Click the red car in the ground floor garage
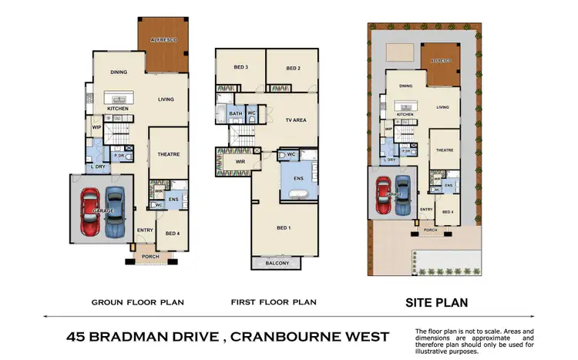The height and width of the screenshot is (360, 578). [90, 211]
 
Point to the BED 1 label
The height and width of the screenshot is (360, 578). [284, 227]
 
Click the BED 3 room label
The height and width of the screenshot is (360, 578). [240, 68]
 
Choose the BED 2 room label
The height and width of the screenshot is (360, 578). [293, 69]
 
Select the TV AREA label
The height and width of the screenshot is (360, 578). [297, 120]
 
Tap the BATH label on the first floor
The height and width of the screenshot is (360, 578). [236, 114]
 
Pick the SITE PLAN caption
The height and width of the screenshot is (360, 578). [436, 303]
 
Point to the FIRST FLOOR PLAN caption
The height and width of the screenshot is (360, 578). [273, 302]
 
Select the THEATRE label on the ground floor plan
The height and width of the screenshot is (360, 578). [169, 154]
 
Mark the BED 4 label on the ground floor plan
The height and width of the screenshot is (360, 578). [173, 232]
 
